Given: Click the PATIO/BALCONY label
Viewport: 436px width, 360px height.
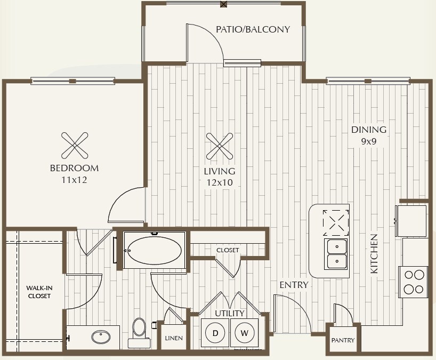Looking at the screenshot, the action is pyautogui.click(x=253, y=29).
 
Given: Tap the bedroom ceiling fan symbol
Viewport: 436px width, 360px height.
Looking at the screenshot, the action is pyautogui.click(x=75, y=146).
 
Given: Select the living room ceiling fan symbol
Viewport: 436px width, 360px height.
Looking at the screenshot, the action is pyautogui.click(x=220, y=146).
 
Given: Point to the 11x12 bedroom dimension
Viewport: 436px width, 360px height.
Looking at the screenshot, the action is pyautogui.click(x=74, y=180).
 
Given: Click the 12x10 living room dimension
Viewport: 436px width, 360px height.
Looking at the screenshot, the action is pyautogui.click(x=220, y=182).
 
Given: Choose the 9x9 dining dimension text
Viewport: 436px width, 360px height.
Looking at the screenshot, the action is pyautogui.click(x=369, y=141).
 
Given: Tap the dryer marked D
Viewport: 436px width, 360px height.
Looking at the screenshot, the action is pyautogui.click(x=215, y=333).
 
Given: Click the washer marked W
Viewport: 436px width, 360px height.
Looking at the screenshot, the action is pyautogui.click(x=244, y=333).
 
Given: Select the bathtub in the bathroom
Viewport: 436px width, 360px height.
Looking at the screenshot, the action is pyautogui.click(x=155, y=250).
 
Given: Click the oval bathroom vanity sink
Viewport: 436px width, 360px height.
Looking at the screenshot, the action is pyautogui.click(x=101, y=337).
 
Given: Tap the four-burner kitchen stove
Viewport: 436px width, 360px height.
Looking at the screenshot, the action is pyautogui.click(x=413, y=282).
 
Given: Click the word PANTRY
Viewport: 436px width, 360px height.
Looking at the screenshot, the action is pyautogui.click(x=343, y=340).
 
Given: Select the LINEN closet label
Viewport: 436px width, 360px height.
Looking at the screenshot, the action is pyautogui.click(x=174, y=338).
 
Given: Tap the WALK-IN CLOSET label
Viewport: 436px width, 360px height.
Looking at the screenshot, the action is pyautogui.click(x=39, y=292).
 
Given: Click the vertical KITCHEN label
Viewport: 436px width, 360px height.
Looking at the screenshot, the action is pyautogui.click(x=374, y=254).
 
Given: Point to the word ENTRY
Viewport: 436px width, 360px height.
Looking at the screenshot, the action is pyautogui.click(x=294, y=285).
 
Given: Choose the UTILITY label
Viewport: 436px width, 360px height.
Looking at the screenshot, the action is pyautogui.click(x=229, y=313).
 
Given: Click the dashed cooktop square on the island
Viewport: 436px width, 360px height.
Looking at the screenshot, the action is pyautogui.click(x=336, y=223).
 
